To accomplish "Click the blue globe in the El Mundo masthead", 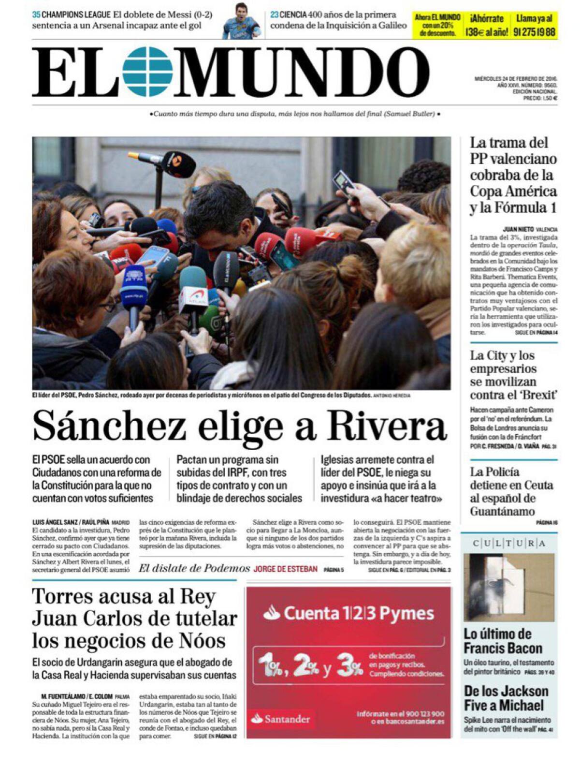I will coord(147,72).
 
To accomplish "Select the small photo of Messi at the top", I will coord(241,21).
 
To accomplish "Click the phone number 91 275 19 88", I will coord(534,32).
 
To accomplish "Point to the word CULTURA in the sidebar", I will coord(509,544).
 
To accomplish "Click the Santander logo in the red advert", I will coord(281,719).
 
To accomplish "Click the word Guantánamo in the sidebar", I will coord(503,511).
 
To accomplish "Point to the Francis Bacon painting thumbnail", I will coord(509,587).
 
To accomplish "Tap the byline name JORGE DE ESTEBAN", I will coord(285,569).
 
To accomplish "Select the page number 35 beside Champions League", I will coord(36,15).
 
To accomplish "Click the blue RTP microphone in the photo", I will coord(133,290).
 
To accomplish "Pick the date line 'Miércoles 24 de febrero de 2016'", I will coord(516,78).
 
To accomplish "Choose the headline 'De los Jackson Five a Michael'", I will coord(506,698).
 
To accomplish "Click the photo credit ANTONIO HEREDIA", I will coord(392,396).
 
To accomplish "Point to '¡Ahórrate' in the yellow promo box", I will coord(486,19).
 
